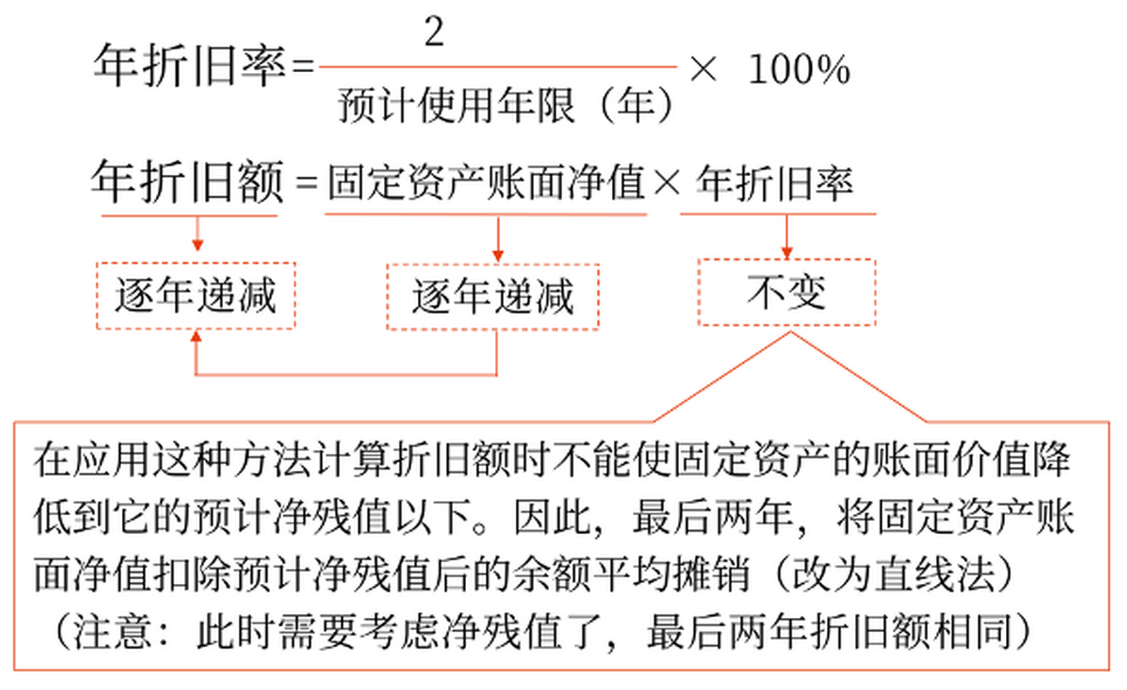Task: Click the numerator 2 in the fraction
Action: point(434,32)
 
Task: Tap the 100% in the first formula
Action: point(799,70)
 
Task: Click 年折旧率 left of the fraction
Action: point(190,66)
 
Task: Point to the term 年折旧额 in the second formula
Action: point(188,182)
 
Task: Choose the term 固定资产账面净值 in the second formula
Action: point(486,182)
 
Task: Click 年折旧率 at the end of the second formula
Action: point(775,183)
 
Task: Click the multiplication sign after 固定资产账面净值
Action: point(667,182)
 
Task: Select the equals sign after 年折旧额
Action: point(306,183)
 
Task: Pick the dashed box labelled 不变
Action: point(786,292)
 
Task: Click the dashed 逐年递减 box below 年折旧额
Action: point(196,295)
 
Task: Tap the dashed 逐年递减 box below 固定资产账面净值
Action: point(493,296)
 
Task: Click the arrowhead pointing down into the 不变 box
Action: point(786,253)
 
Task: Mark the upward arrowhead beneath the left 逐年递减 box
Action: point(196,337)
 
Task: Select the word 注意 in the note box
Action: point(112,632)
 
